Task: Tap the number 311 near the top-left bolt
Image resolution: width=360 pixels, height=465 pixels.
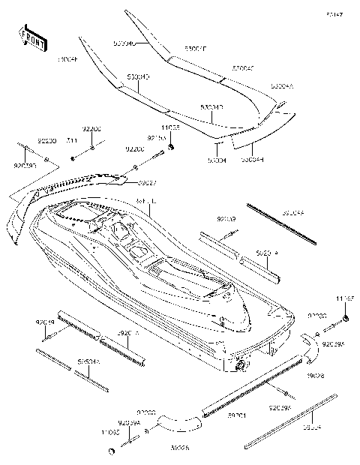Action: tap(72, 140)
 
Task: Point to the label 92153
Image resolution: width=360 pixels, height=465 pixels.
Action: tap(156, 139)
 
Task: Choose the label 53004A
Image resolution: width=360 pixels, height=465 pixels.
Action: tap(283, 87)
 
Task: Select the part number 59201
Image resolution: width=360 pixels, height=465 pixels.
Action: tap(237, 414)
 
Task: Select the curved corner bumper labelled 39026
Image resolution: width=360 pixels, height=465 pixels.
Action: tap(177, 424)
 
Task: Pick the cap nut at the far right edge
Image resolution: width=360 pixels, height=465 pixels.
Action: tap(346, 321)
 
